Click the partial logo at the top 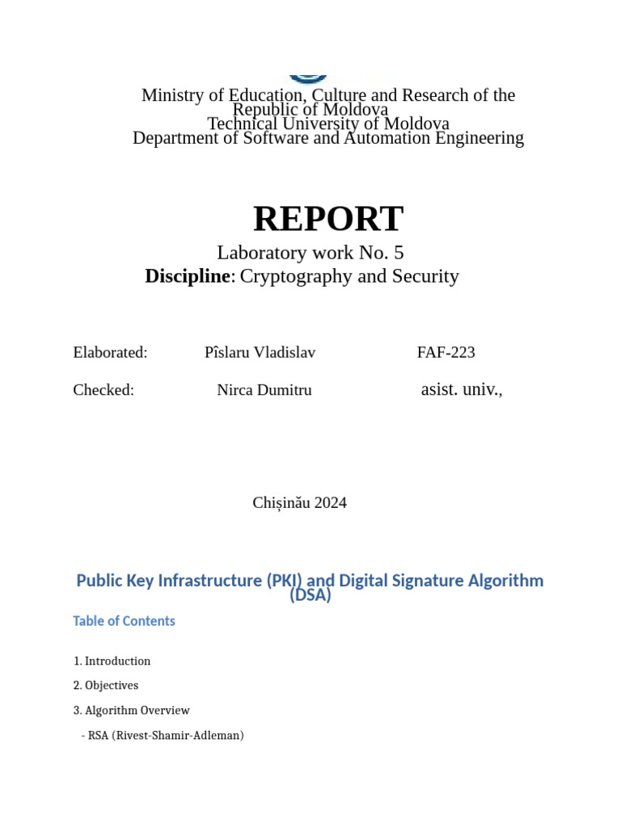pos(308,79)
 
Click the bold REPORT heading pos(327,219)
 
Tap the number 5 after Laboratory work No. pos(398,253)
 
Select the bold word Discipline pos(188,276)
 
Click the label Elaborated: pos(110,352)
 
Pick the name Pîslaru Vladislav pos(260,352)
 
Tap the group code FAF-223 pos(446,352)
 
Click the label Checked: pos(103,390)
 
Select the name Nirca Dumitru pos(264,390)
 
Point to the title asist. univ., pos(462,389)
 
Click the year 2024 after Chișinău pos(331,502)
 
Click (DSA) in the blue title pos(310,596)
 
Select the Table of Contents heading pos(124,621)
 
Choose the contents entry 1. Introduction pos(112,661)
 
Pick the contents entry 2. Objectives pos(105,685)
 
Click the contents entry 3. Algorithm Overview pos(131,710)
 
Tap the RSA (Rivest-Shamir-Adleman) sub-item pos(163,735)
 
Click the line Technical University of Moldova pos(328,124)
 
